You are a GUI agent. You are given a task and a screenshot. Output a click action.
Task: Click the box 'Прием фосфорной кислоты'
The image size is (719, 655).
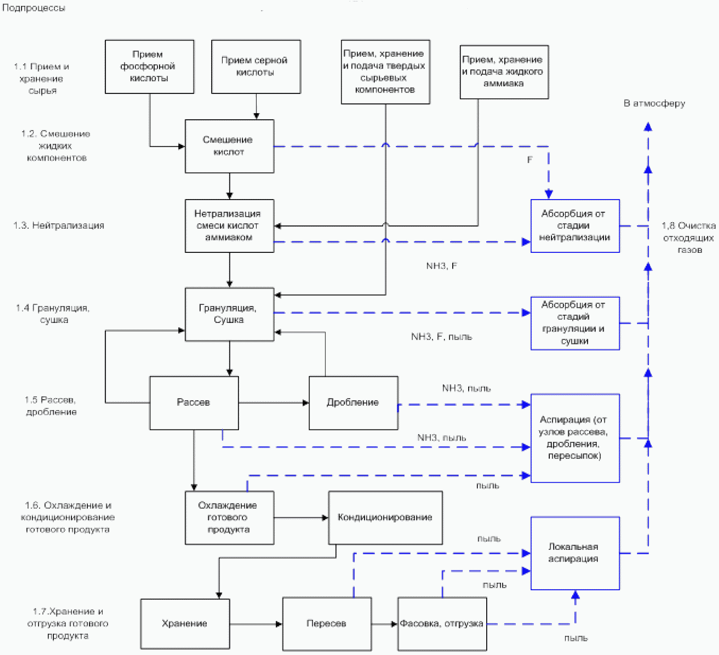(149, 67)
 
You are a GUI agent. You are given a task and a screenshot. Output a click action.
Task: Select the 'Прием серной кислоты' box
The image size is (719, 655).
(256, 67)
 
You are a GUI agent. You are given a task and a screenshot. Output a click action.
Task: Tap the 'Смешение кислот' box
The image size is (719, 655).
(229, 146)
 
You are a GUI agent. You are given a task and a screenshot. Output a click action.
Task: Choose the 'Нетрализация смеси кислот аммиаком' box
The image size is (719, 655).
(229, 226)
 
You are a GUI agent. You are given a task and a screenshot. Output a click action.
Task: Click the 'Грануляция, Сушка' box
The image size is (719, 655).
(229, 315)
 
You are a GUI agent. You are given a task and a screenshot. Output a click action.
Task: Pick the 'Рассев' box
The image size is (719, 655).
(194, 403)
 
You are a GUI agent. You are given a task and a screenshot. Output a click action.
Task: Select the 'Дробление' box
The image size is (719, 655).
(354, 403)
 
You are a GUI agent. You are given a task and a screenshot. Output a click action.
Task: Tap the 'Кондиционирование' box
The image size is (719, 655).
(385, 518)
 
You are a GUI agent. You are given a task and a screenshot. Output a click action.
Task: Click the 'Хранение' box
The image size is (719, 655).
(185, 624)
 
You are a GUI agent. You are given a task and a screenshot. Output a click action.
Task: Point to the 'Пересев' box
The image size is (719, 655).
(327, 624)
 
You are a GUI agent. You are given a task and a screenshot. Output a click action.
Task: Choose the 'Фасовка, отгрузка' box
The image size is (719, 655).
(442, 624)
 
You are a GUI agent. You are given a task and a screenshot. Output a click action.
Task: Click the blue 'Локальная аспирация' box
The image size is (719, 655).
(575, 553)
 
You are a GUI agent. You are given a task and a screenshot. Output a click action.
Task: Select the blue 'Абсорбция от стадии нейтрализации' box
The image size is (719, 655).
(575, 226)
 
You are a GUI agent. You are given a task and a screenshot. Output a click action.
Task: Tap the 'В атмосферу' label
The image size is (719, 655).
(654, 104)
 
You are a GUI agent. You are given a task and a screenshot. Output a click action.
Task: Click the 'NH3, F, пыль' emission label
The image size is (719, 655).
(441, 337)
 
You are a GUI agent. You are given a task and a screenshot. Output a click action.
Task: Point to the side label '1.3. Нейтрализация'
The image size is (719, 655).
(59, 226)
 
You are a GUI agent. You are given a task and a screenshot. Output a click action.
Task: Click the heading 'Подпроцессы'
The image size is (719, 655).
(34, 8)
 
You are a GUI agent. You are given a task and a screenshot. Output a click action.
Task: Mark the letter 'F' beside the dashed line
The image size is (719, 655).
(530, 159)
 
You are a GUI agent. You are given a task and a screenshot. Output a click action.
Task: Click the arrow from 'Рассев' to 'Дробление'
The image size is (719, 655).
(274, 403)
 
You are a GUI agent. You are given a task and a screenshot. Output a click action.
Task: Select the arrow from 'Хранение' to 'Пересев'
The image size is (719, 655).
(256, 624)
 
